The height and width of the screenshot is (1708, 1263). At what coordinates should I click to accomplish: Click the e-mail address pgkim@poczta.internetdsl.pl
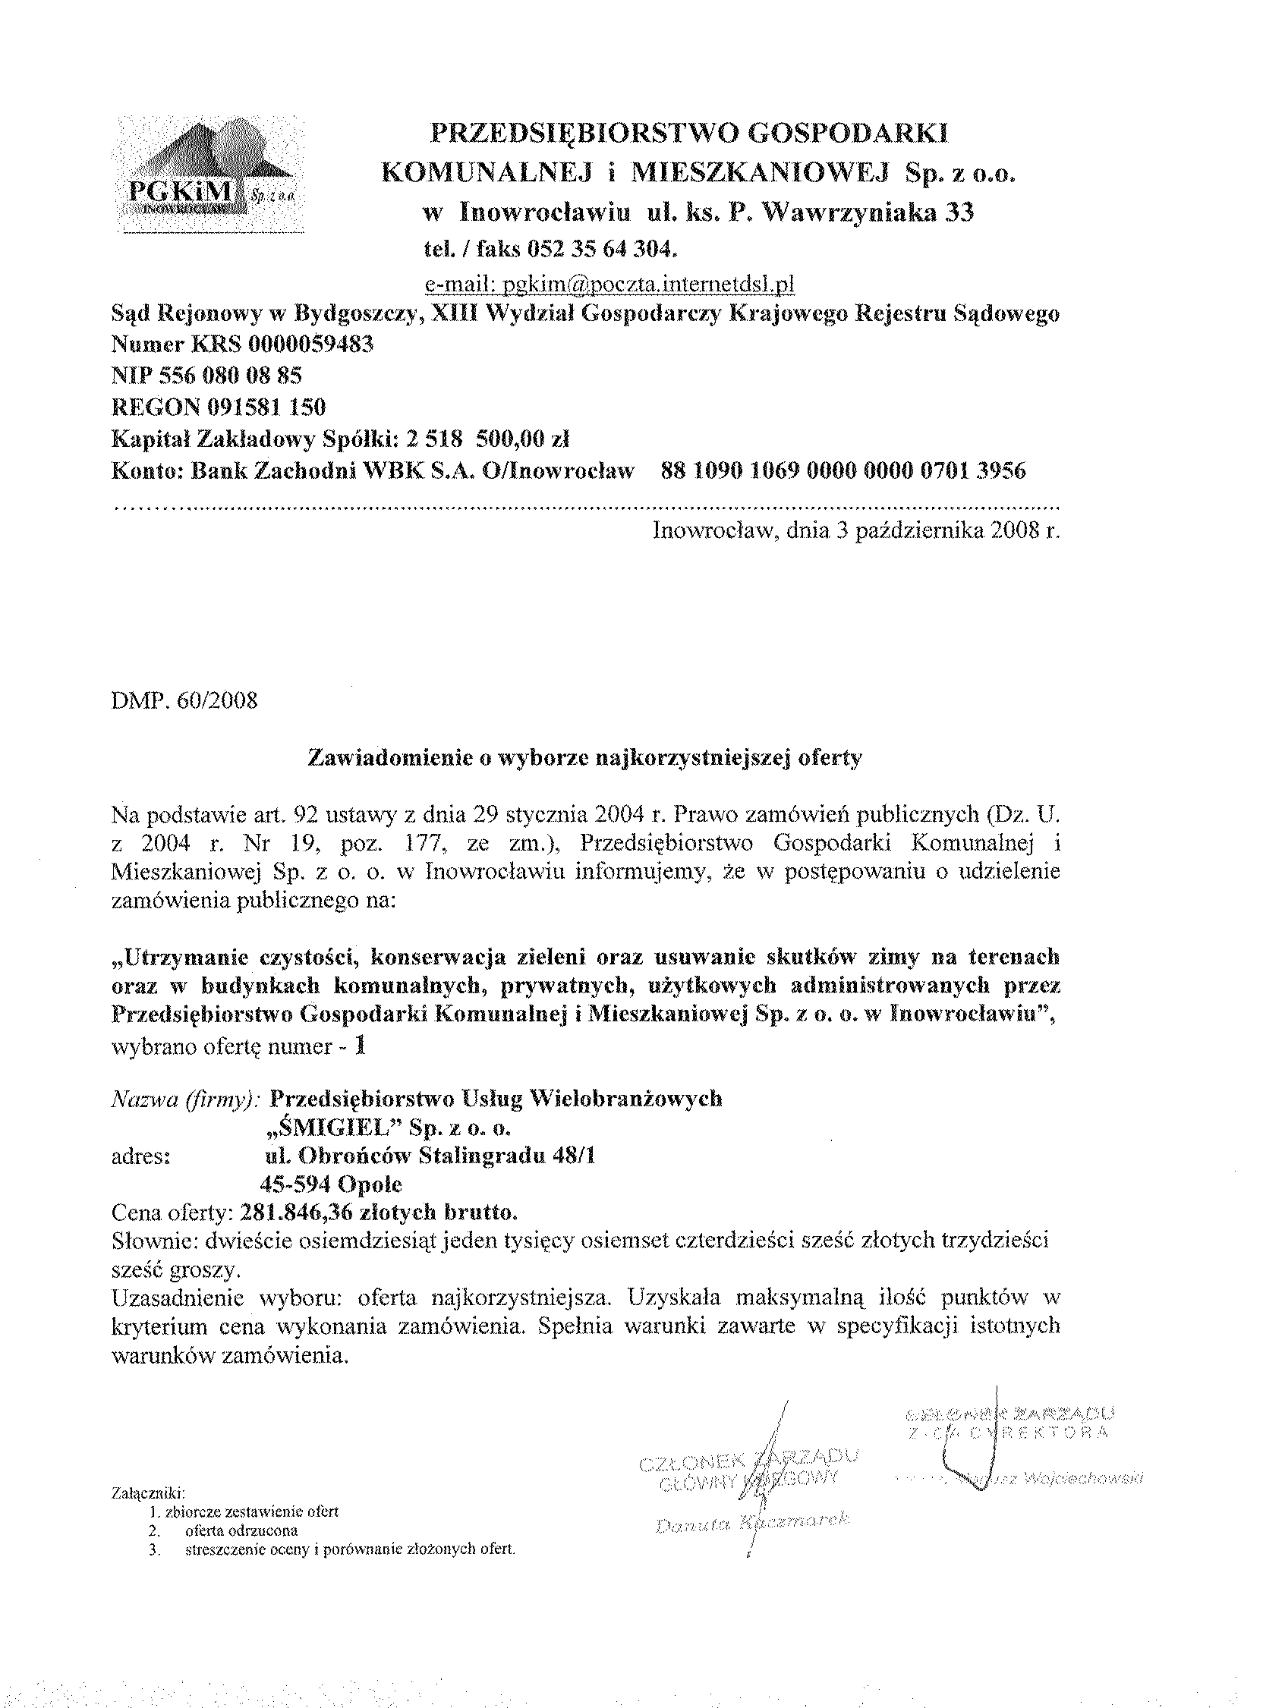609,285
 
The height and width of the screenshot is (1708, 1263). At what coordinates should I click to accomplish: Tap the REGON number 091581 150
262,407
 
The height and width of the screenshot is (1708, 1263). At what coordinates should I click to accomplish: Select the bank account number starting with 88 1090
842,470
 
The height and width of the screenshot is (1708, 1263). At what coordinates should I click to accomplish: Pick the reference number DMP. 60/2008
184,700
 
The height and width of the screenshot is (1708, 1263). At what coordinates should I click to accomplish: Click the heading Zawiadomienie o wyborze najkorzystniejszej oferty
584,757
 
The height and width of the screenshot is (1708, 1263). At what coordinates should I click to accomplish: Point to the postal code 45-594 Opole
331,1184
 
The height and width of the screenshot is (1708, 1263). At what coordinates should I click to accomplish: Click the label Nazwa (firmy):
187,1099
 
